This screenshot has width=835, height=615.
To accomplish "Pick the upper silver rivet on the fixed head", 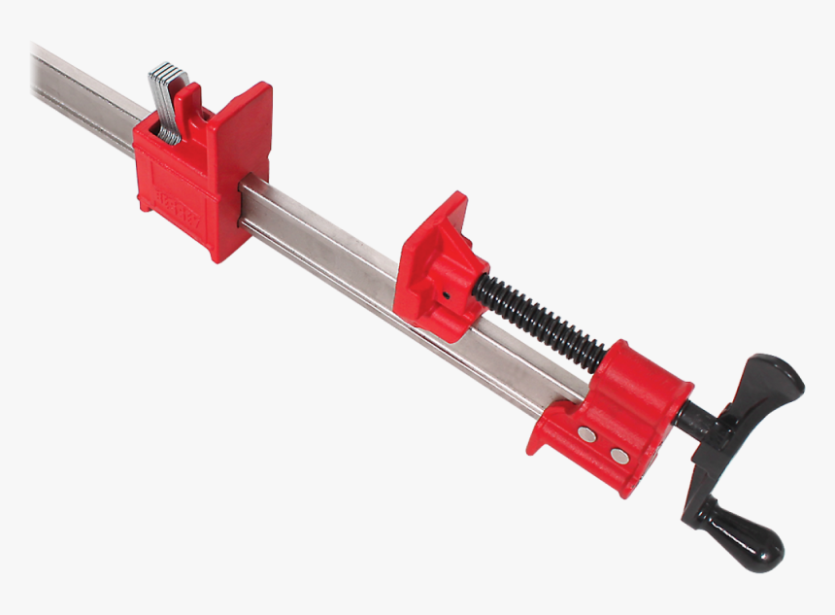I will click(x=586, y=434).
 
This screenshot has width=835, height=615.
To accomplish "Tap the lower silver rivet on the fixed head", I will click(x=618, y=454).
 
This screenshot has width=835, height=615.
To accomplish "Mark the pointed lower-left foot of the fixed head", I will click(x=537, y=442).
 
